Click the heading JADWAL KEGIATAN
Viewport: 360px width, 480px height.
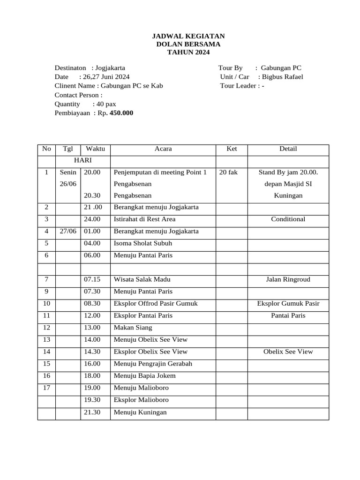click(189, 36)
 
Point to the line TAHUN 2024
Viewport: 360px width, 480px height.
click(189, 52)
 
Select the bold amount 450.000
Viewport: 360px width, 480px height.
click(121, 113)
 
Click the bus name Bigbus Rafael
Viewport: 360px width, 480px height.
click(282, 77)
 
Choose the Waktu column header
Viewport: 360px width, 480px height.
click(95, 149)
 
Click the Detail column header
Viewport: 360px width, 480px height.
click(288, 149)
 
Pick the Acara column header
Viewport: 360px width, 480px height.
click(163, 149)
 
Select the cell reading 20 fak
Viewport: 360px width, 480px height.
click(228, 172)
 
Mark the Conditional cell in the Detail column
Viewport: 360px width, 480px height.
click(288, 219)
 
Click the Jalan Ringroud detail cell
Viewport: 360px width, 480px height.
click(288, 280)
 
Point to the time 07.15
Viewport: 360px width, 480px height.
click(92, 280)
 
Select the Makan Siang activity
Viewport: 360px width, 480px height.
click(133, 328)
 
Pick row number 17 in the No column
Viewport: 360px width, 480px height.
click(46, 388)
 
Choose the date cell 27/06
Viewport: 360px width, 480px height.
click(68, 232)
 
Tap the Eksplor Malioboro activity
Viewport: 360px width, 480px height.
click(141, 400)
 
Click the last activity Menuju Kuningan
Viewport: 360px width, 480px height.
click(140, 412)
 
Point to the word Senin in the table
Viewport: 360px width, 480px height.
click(68, 172)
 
